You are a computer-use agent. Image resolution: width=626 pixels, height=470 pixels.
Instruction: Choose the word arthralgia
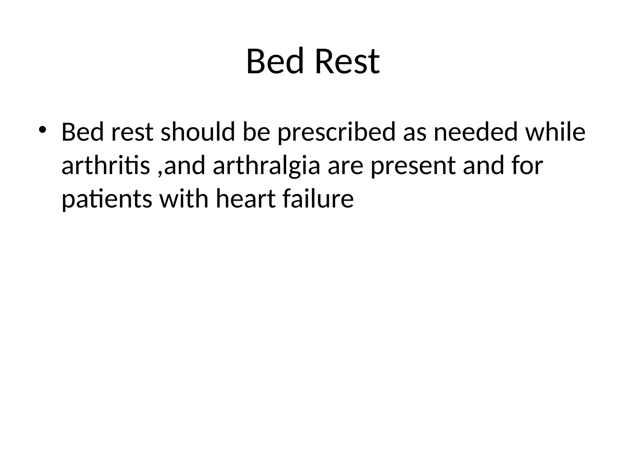[266, 166]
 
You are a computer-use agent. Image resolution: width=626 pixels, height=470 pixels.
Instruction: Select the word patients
[107, 200]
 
